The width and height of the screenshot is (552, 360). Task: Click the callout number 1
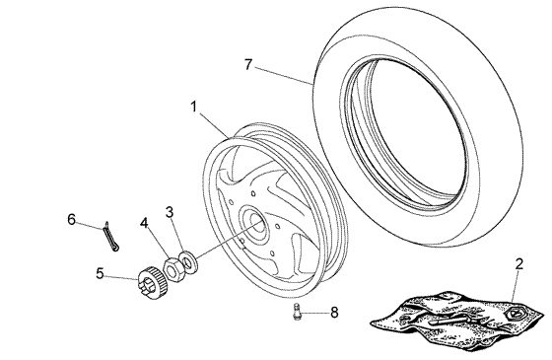pyautogui.click(x=194, y=104)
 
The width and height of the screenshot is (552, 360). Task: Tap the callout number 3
pyautogui.click(x=170, y=212)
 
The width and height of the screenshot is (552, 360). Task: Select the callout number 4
pyautogui.click(x=145, y=224)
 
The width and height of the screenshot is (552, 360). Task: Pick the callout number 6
pyautogui.click(x=71, y=218)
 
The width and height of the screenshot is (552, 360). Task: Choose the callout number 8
pyautogui.click(x=333, y=313)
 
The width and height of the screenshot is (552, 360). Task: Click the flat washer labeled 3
pyautogui.click(x=188, y=262)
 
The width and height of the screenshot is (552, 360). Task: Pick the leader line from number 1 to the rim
pyautogui.click(x=213, y=121)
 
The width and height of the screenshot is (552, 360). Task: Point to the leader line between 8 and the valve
pyautogui.click(x=314, y=314)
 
